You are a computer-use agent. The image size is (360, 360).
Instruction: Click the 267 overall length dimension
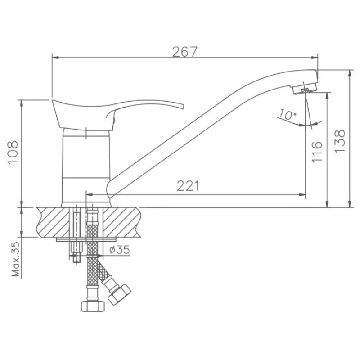pyautogui.click(x=185, y=52)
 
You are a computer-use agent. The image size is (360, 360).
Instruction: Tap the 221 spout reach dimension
pyautogui.click(x=188, y=186)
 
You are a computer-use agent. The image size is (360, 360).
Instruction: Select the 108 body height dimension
pyautogui.click(x=13, y=153)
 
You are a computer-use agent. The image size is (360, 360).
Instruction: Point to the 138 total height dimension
pyautogui.click(x=340, y=141)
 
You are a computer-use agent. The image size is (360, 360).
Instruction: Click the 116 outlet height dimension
pyautogui.click(x=317, y=152)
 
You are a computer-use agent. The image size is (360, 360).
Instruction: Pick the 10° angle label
pyautogui.click(x=287, y=115)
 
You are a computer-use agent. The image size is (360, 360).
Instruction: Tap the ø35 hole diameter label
pyautogui.click(x=119, y=249)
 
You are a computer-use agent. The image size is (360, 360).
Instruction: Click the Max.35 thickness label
pyautogui.click(x=16, y=259)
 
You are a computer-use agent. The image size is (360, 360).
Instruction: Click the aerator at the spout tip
pyautogui.click(x=305, y=89)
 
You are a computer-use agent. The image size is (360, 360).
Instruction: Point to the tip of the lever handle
pyautogui.click(x=184, y=107)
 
